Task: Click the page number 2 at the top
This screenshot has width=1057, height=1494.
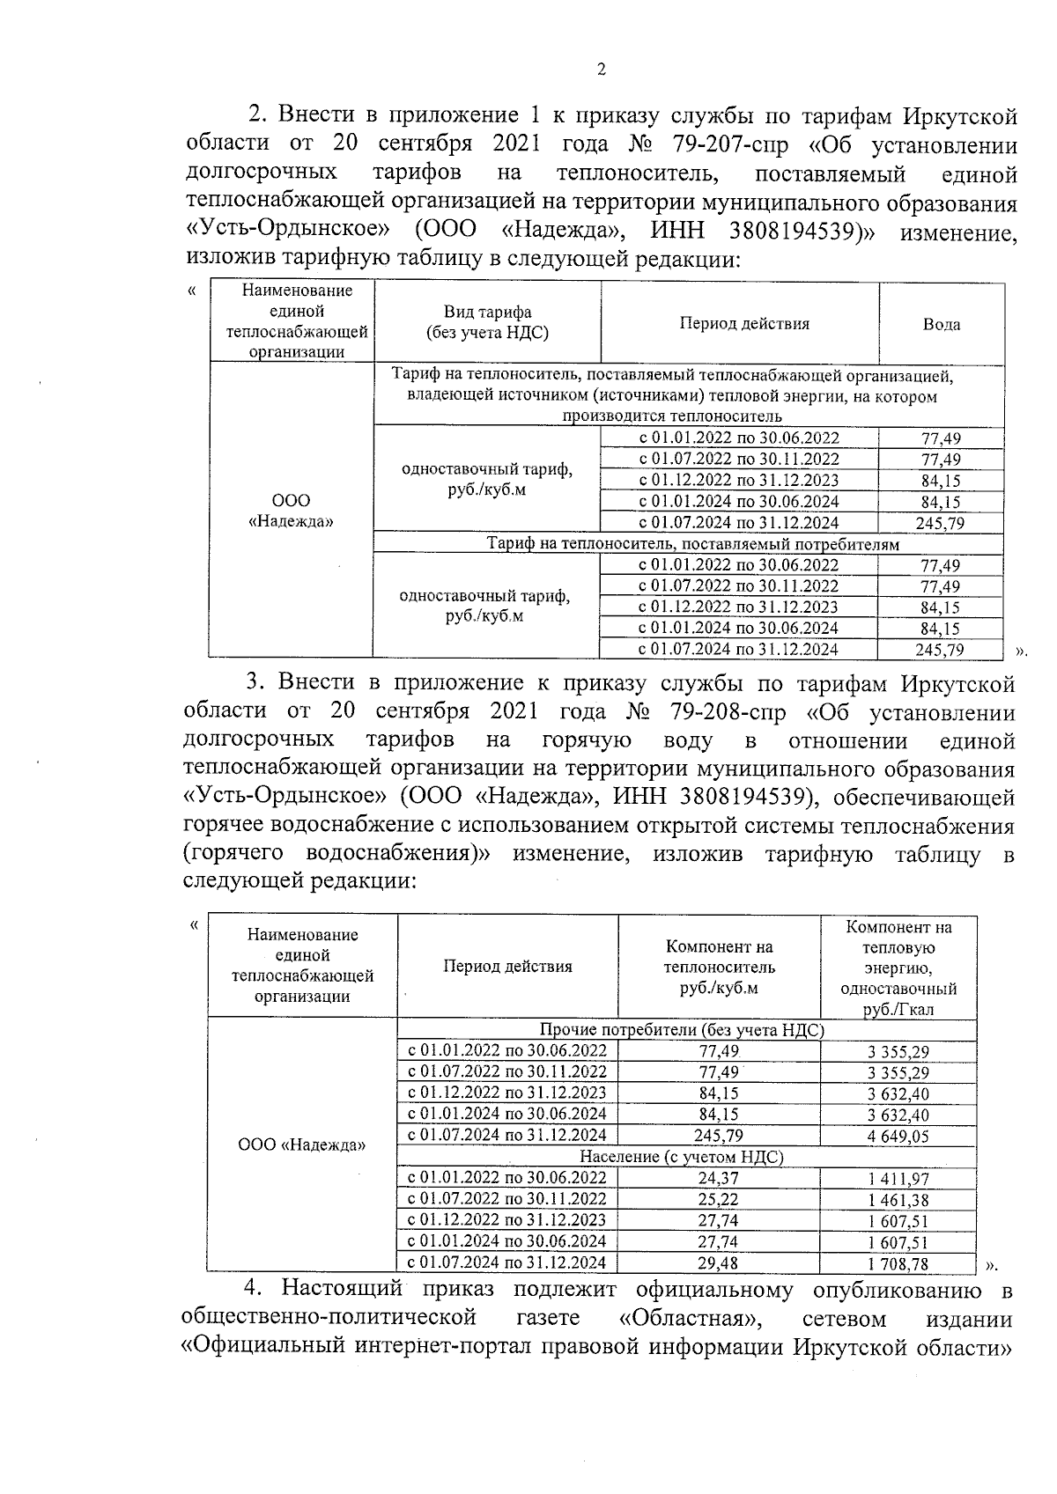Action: pyautogui.click(x=601, y=70)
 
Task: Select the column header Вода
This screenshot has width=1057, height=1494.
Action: pyautogui.click(x=941, y=324)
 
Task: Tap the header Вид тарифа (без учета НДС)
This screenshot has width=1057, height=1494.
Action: pyautogui.click(x=486, y=322)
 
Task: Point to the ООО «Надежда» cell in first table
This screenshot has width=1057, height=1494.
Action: pyautogui.click(x=291, y=511)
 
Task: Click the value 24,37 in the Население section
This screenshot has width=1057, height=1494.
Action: pyautogui.click(x=718, y=1178)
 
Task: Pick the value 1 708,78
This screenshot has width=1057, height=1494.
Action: pyautogui.click(x=898, y=1264)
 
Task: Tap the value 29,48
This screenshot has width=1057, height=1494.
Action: pyautogui.click(x=718, y=1263)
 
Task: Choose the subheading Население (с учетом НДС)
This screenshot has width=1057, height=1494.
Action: pyautogui.click(x=681, y=1157)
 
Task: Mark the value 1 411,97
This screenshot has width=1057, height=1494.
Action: pyautogui.click(x=898, y=1179)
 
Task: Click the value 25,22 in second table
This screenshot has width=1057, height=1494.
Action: pyautogui.click(x=718, y=1199)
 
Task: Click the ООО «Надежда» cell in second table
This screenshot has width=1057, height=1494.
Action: pyautogui.click(x=302, y=1145)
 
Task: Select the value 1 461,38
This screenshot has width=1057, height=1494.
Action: pyautogui.click(x=898, y=1200)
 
